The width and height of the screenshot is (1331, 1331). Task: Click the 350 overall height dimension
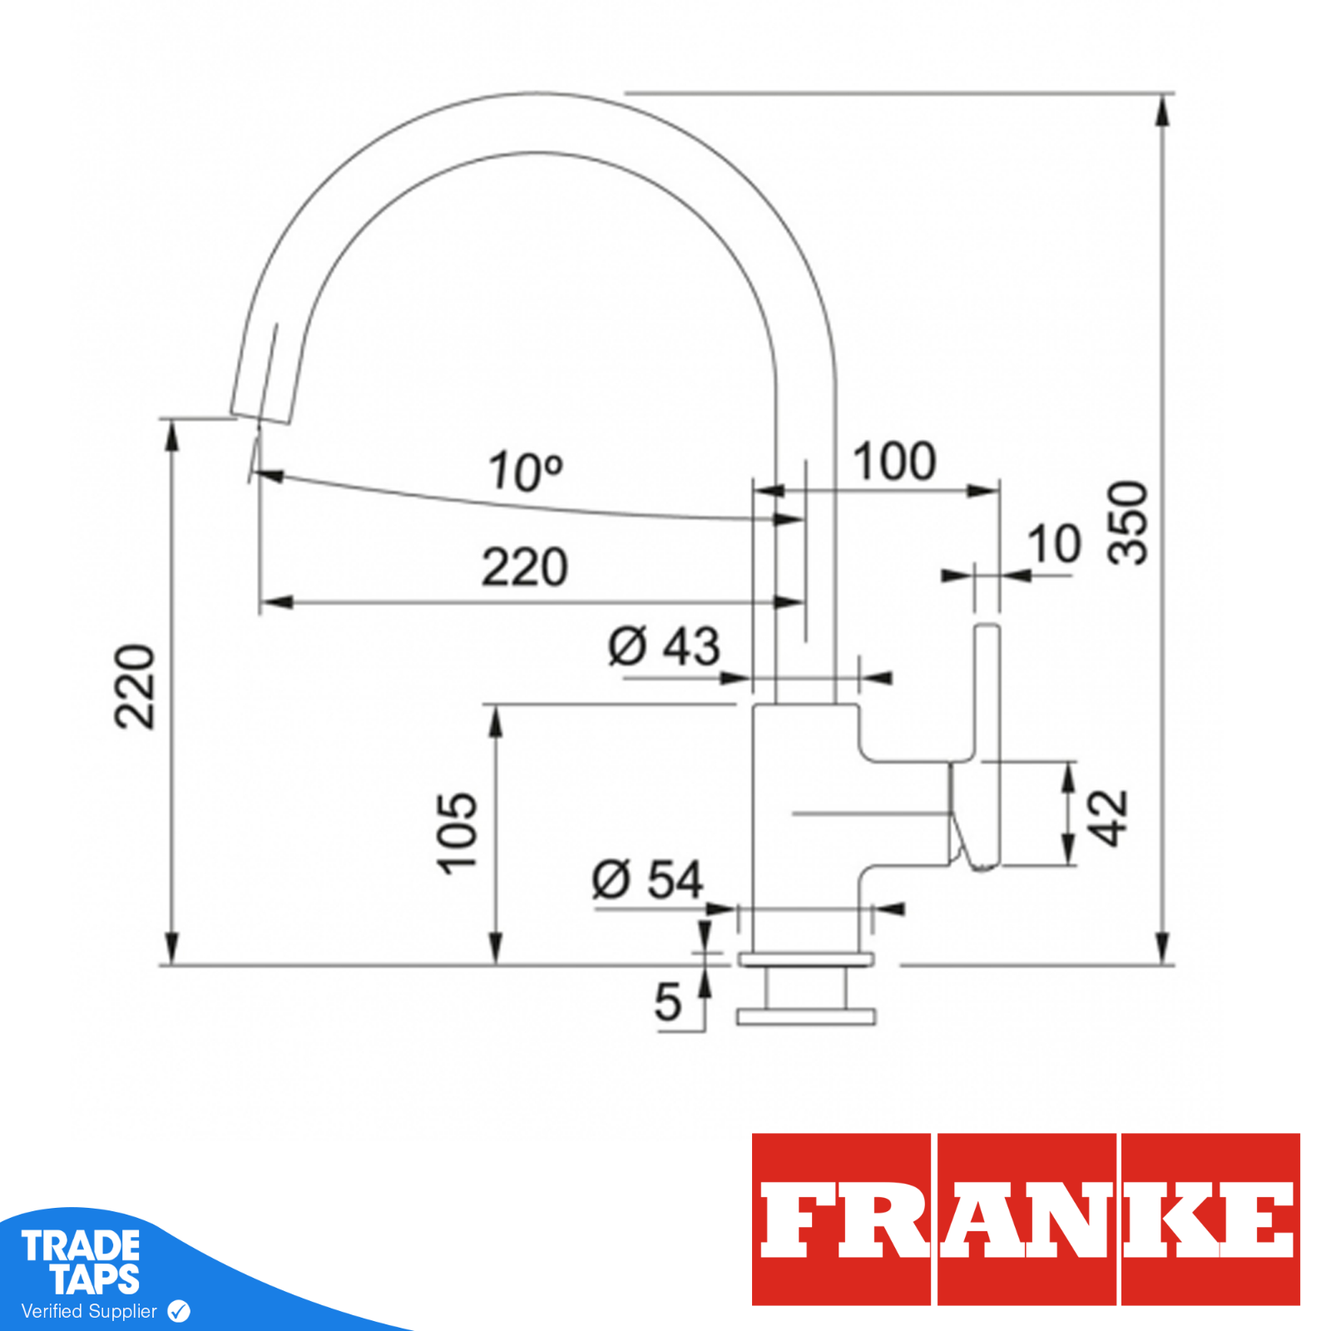pyautogui.click(x=1128, y=523)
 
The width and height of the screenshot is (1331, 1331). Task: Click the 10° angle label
pyautogui.click(x=525, y=472)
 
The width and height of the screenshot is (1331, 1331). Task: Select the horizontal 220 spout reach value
pyautogui.click(x=524, y=567)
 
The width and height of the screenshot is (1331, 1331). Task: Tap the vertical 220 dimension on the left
pyautogui.click(x=135, y=686)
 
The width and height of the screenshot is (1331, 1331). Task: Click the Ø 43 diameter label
pyautogui.click(x=664, y=646)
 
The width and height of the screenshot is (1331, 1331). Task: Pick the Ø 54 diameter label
pyautogui.click(x=647, y=880)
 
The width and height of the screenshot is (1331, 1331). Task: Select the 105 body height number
pyautogui.click(x=458, y=833)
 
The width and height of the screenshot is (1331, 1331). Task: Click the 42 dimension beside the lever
pyautogui.click(x=1108, y=818)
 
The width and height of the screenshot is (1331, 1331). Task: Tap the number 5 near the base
pyautogui.click(x=667, y=1002)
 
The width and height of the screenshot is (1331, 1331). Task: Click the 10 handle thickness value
pyautogui.click(x=1054, y=545)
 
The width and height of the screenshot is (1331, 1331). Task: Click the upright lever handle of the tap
pyautogui.click(x=987, y=690)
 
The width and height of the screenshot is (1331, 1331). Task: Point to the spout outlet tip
pyautogui.click(x=261, y=415)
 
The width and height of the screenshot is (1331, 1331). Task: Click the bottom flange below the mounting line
pyautogui.click(x=805, y=1017)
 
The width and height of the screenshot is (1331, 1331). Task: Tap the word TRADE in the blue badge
pyautogui.click(x=81, y=1246)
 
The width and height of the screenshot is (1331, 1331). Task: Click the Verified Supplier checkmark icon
pyautogui.click(x=179, y=1312)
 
